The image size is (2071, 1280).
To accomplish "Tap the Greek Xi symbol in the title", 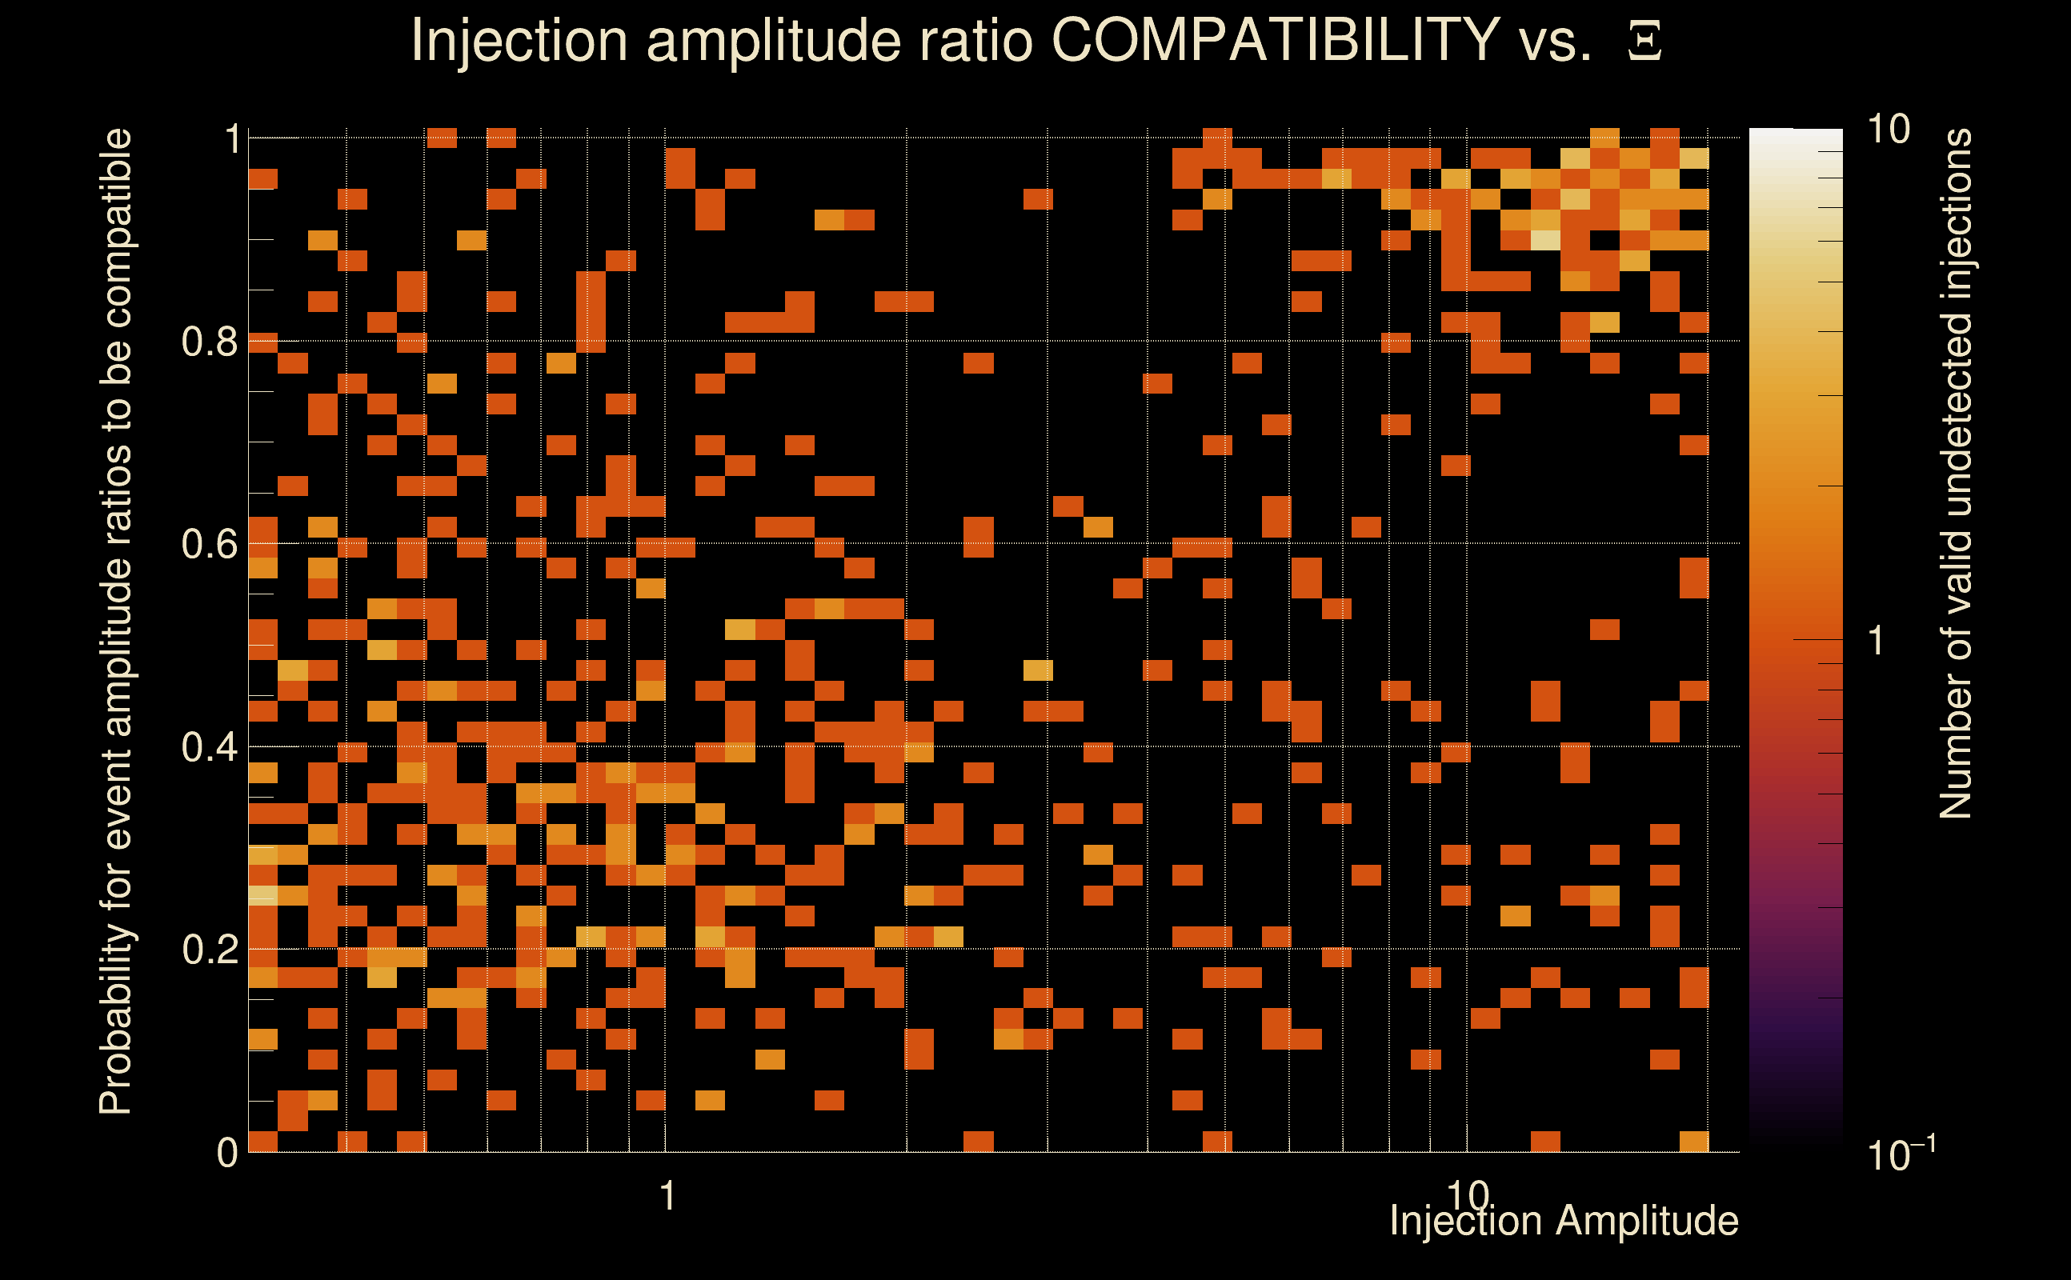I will click(1644, 42).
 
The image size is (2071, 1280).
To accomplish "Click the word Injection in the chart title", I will click(519, 42).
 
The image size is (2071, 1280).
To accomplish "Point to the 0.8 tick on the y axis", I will click(209, 342).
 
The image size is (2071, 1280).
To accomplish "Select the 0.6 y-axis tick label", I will click(209, 544).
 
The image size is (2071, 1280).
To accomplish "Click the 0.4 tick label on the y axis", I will click(209, 747).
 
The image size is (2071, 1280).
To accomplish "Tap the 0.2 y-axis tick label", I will click(209, 950).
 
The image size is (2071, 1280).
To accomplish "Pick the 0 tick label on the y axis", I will click(227, 1153).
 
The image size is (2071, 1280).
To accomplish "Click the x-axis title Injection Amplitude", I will click(1564, 1221).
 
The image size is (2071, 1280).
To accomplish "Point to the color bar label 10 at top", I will click(1888, 130).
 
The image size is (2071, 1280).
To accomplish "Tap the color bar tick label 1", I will click(1877, 641).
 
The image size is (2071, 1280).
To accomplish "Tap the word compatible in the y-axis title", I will click(116, 229).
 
